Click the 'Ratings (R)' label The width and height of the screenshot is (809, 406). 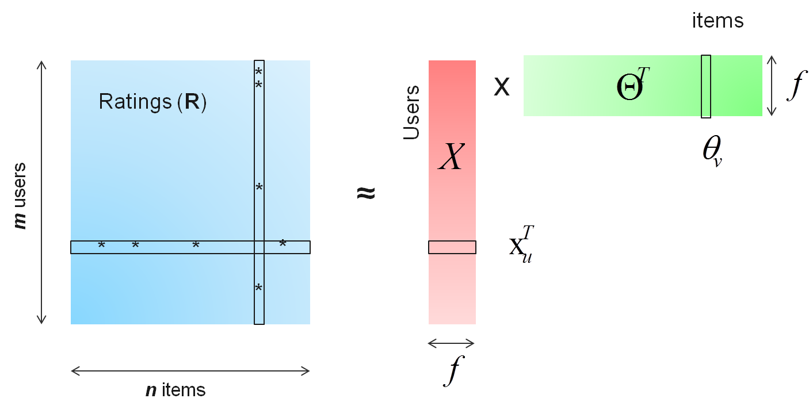pos(152,102)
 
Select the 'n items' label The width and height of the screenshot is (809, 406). pos(175,390)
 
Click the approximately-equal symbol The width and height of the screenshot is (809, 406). pos(367,193)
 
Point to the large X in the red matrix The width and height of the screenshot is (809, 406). pos(451,156)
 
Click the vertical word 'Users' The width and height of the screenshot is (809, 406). pos(411,113)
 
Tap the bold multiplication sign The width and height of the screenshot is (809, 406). pos(502,87)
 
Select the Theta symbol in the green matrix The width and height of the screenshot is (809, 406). pos(629,89)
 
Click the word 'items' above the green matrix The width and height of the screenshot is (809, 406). pos(718,21)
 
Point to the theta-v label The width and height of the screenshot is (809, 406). pos(712,152)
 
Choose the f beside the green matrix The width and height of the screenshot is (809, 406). pos(795,86)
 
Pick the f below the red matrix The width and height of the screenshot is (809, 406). pos(452,371)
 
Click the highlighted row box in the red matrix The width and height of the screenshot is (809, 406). pos(452,247)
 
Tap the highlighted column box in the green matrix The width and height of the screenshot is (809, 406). pos(706,87)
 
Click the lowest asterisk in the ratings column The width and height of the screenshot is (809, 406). pos(259,288)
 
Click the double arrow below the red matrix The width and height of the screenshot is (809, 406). pos(452,343)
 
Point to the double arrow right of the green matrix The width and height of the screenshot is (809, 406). pos(773,86)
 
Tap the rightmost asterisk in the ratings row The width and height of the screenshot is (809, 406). pos(283,244)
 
